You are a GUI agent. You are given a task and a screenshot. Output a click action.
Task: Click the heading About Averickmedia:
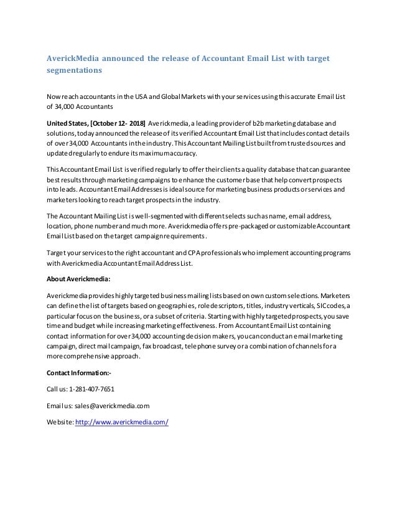coord(78,278)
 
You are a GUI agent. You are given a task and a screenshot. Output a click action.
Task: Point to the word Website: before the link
coord(61,422)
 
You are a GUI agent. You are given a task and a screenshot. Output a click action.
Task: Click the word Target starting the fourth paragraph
coord(58,253)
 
